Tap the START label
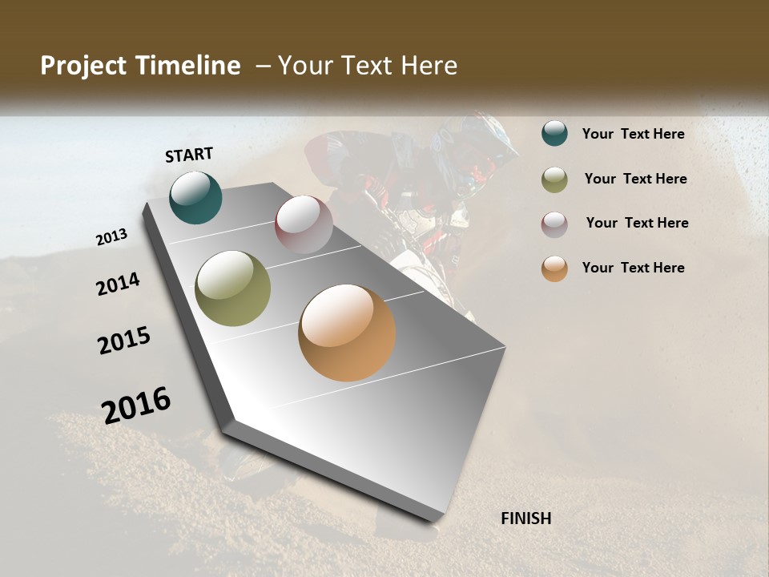pyautogui.click(x=189, y=155)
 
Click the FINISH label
pyautogui.click(x=525, y=518)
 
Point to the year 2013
pyautogui.click(x=111, y=237)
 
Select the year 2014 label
pyautogui.click(x=118, y=284)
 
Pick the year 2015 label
pyautogui.click(x=124, y=341)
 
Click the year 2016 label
pyautogui.click(x=136, y=405)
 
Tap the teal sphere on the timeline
pyautogui.click(x=195, y=197)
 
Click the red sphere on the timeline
pyautogui.click(x=304, y=224)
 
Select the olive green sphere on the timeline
pyautogui.click(x=232, y=288)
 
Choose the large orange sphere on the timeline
pyautogui.click(x=347, y=333)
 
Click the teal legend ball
pyautogui.click(x=554, y=133)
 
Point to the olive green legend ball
pyautogui.click(x=554, y=180)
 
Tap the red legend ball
pyautogui.click(x=554, y=224)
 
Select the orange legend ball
pyautogui.click(x=554, y=268)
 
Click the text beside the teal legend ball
pyautogui.click(x=633, y=134)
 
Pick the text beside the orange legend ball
pyautogui.click(x=633, y=268)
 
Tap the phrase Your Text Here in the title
pyautogui.click(x=367, y=66)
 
